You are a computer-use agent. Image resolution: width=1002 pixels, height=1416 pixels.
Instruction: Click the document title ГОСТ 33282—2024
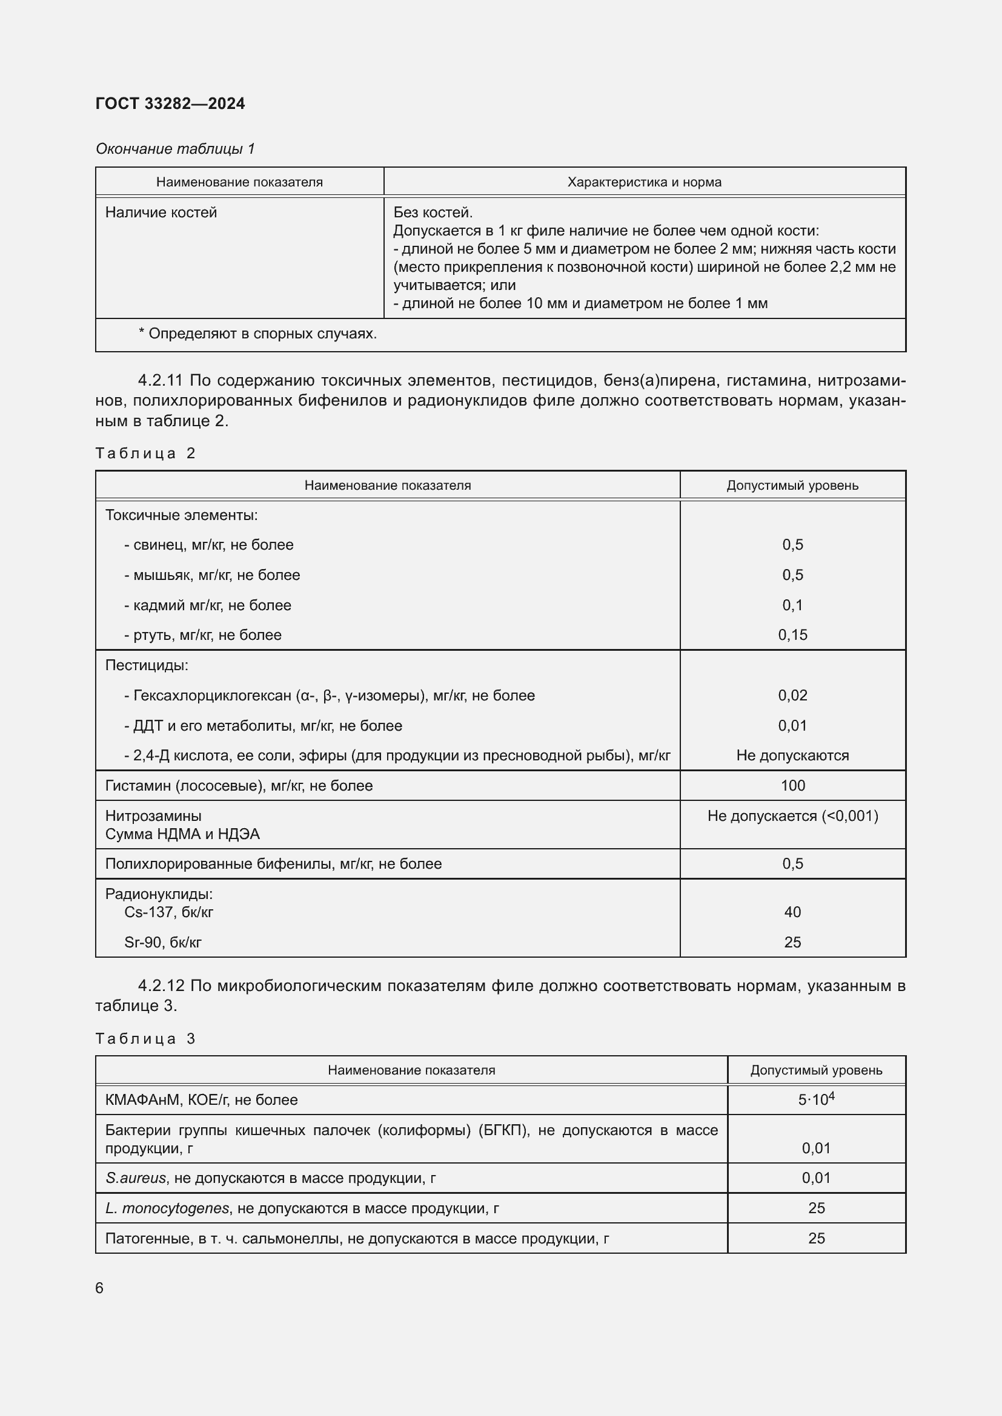pos(170,104)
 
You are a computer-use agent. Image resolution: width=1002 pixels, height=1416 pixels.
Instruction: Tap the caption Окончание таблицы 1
pos(175,149)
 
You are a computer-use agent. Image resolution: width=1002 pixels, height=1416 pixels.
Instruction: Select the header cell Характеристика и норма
pos(643,182)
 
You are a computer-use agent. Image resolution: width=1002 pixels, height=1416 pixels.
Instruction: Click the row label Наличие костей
pos(161,212)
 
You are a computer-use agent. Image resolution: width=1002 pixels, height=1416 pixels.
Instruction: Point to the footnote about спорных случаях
pos(257,334)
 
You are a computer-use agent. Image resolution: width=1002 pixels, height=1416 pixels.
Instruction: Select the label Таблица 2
pos(145,453)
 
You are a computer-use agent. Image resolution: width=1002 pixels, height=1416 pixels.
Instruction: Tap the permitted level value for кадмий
pos(792,605)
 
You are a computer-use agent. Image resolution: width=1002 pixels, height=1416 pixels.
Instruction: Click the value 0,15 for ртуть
pos(792,634)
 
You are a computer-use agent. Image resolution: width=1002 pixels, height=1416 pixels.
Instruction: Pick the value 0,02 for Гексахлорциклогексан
pos(792,695)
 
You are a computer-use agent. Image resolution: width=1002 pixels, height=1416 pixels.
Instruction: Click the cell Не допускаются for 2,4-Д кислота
pos(792,756)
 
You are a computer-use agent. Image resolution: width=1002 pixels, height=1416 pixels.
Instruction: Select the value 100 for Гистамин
pos(792,785)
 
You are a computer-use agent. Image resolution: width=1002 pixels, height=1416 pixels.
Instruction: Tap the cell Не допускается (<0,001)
pos(792,816)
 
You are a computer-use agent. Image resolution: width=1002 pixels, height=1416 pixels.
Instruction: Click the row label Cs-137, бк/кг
pos(168,912)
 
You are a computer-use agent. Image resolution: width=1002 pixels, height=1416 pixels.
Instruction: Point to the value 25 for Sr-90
pos(792,942)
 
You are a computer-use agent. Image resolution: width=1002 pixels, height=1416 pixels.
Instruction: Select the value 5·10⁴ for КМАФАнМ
pos(815,1099)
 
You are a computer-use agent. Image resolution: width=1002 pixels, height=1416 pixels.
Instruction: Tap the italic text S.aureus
pos(136,1178)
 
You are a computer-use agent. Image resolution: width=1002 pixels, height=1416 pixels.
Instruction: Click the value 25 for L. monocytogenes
pos(815,1208)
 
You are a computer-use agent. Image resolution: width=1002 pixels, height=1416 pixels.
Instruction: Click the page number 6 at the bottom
pos(99,1288)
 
